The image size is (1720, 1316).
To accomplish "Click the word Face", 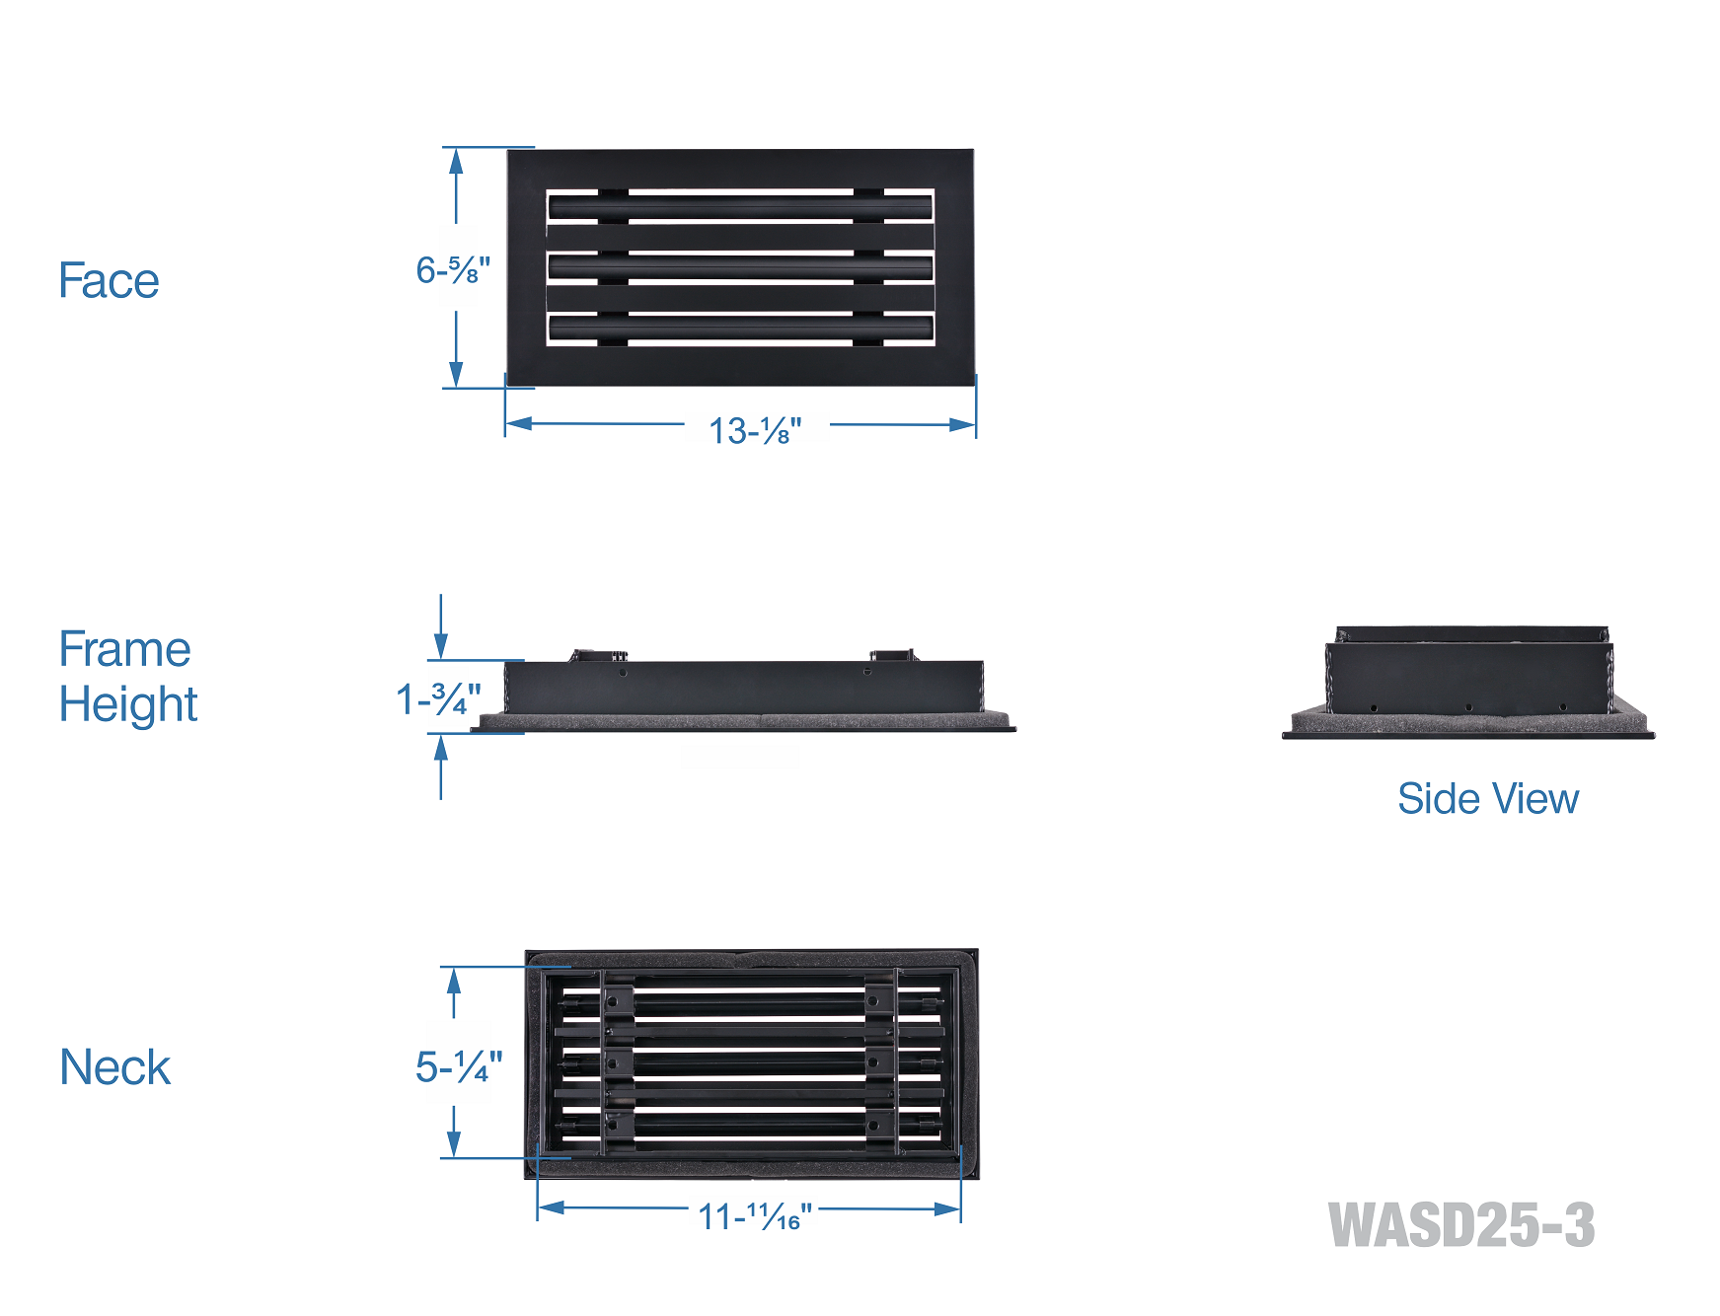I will (x=109, y=280).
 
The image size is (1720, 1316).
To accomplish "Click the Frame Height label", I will (x=127, y=677).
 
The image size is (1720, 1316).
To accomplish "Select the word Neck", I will (x=114, y=1067).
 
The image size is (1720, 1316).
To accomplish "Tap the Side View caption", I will (x=1487, y=799).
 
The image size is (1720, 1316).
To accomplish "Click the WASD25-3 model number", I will (x=1460, y=1225).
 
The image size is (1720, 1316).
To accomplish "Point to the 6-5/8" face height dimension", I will (x=452, y=270).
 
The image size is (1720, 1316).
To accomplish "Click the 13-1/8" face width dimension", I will (x=755, y=431).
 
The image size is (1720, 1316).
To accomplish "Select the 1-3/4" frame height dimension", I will (x=438, y=699).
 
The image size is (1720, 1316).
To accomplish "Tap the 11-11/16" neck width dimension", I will (x=755, y=1216).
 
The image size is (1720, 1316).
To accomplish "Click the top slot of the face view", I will (x=740, y=207).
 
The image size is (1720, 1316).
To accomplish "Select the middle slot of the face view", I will (x=740, y=267).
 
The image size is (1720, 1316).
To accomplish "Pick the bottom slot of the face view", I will (x=740, y=329).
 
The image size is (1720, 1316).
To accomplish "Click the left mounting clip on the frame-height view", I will (x=598, y=655).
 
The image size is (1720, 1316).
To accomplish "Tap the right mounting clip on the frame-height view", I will (x=892, y=655).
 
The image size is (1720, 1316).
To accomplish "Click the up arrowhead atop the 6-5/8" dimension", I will (x=456, y=160).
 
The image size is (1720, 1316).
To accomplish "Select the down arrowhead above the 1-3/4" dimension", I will (x=441, y=647).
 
